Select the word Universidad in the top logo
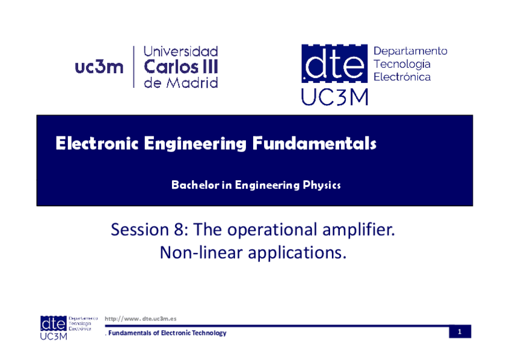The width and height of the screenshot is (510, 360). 180,52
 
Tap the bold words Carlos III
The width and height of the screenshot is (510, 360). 180,67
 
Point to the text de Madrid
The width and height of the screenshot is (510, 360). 180,83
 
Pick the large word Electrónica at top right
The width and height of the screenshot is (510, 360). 402,77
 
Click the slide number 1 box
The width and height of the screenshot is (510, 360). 459,332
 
